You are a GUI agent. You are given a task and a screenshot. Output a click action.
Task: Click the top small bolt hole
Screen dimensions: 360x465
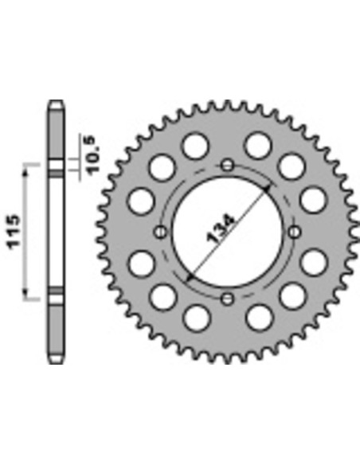228,165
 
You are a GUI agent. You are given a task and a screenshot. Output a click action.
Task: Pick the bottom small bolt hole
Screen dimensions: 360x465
228,299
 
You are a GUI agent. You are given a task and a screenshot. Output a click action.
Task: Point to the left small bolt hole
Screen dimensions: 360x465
161,232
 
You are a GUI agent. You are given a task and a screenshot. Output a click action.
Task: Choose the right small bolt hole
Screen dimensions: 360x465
294,232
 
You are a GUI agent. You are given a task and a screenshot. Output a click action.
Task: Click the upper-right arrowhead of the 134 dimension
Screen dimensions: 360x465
267,189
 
